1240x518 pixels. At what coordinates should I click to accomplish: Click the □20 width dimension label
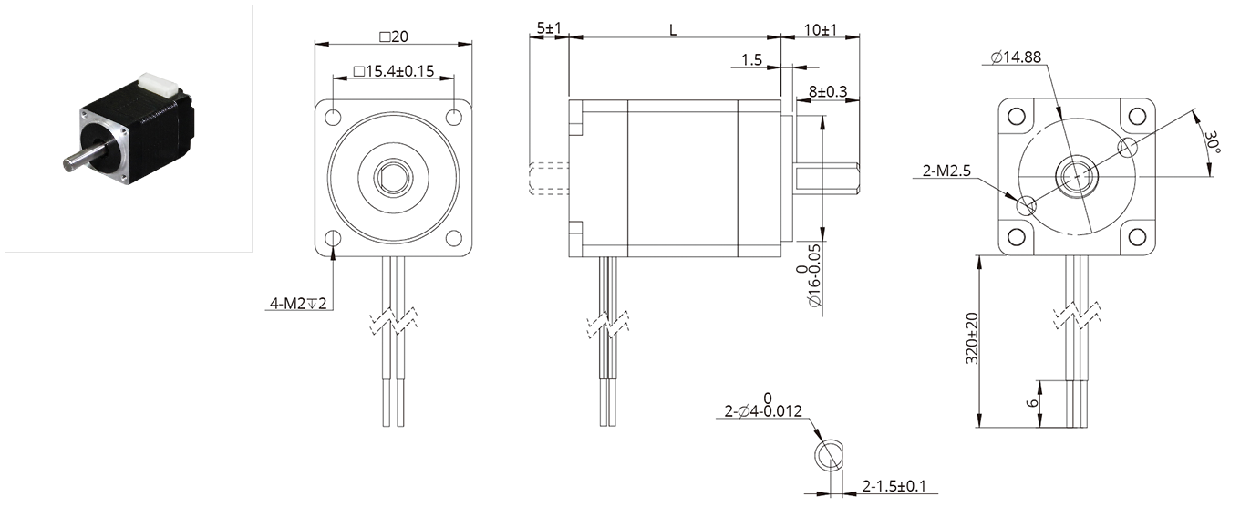point(394,36)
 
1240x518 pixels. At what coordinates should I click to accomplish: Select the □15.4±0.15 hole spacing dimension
point(394,71)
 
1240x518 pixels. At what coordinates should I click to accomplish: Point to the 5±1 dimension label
point(549,27)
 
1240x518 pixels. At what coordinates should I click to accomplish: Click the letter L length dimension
point(673,30)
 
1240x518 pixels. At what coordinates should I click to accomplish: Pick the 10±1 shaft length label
point(821,30)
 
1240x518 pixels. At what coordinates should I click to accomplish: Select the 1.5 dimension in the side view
point(751,60)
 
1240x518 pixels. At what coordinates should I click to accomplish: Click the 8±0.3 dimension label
point(828,91)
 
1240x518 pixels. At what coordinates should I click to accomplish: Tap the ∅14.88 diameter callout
point(1016,57)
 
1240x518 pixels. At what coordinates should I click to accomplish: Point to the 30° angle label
point(1213,142)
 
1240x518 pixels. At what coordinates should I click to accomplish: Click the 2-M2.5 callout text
point(946,171)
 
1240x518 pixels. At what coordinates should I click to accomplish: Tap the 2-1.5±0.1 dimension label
point(894,486)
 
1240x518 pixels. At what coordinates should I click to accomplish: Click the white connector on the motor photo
point(159,85)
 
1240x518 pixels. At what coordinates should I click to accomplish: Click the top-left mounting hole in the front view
point(334,117)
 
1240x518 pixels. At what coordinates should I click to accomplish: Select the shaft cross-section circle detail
point(829,456)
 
